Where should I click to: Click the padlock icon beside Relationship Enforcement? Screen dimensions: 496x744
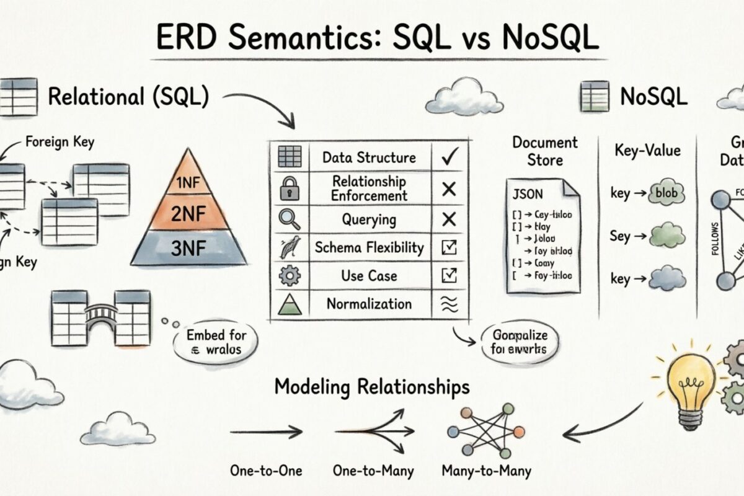coord(290,188)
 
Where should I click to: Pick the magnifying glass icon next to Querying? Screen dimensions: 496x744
coord(290,219)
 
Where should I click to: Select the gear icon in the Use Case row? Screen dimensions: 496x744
coord(290,275)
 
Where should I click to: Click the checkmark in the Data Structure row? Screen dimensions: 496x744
coord(449,158)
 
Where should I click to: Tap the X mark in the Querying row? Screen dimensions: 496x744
coord(449,219)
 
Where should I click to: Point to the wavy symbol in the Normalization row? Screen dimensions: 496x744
coord(449,304)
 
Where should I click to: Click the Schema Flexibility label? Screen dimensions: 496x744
coord(369,247)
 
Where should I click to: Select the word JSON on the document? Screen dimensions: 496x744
coord(528,194)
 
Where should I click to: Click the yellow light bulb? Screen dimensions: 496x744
coord(688,387)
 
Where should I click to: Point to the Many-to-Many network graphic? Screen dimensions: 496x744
coord(486,430)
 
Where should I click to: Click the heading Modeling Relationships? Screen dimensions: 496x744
coord(372,387)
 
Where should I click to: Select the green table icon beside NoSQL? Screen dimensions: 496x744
coord(595,97)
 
